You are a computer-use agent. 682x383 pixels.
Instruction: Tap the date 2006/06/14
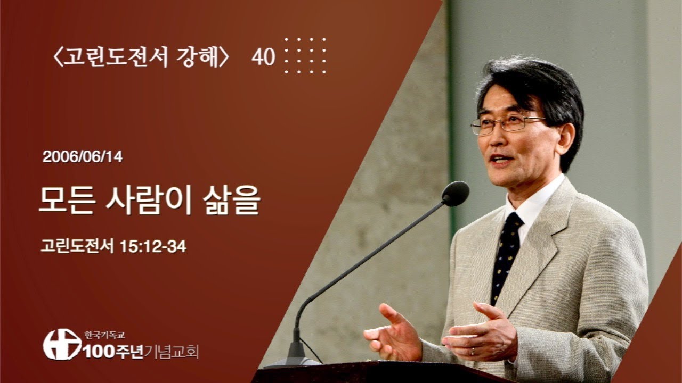(83, 157)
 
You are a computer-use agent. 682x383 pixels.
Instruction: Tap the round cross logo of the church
(62, 344)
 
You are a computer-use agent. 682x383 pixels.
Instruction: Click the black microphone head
(456, 193)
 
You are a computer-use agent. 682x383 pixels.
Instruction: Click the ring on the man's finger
(472, 351)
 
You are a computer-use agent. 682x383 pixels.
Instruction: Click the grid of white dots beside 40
(305, 55)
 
